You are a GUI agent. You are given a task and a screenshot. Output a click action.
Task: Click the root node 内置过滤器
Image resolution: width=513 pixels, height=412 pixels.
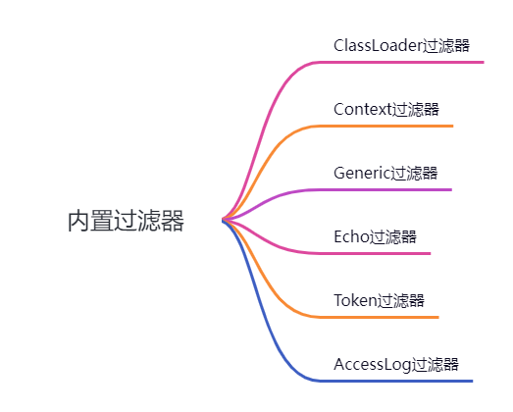pyautogui.click(x=126, y=221)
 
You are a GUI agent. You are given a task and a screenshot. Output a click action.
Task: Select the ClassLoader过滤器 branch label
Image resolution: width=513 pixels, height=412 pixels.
pyautogui.click(x=401, y=45)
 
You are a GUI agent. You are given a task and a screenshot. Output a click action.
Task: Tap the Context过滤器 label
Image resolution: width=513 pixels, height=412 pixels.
pyautogui.click(x=385, y=109)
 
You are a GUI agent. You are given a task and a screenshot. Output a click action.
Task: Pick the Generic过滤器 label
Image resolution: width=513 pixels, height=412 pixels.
pyautogui.click(x=385, y=173)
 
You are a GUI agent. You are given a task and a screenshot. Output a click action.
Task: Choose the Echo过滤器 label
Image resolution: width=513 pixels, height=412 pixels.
pyautogui.click(x=375, y=236)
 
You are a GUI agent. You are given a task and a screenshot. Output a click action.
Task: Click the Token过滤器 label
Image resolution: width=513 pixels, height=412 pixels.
pyautogui.click(x=379, y=300)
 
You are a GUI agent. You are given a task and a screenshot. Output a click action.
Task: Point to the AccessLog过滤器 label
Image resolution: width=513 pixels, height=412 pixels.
pyautogui.click(x=396, y=364)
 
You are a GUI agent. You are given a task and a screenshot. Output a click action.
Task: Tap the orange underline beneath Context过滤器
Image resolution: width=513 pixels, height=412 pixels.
pyautogui.click(x=392, y=126)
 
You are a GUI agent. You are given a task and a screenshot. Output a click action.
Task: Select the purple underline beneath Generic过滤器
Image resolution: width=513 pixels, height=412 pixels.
pyautogui.click(x=392, y=189)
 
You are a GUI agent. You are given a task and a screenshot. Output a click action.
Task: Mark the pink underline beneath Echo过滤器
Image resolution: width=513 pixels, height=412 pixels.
pyautogui.click(x=383, y=253)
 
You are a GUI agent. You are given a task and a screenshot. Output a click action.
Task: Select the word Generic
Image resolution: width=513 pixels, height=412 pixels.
pyautogui.click(x=362, y=173)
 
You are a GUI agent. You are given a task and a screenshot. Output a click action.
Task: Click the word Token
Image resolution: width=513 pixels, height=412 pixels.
pyautogui.click(x=355, y=300)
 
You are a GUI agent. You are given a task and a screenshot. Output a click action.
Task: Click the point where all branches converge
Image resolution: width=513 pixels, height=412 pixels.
pyautogui.click(x=224, y=220)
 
